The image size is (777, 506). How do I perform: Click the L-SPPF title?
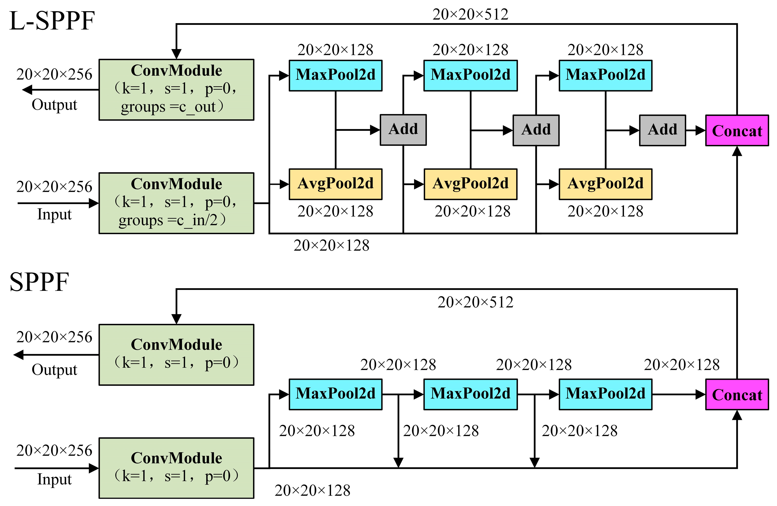point(52,21)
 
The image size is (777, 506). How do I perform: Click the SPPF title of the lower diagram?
point(39,282)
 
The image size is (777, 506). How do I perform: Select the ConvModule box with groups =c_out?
point(176,89)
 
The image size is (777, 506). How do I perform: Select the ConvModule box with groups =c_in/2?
point(176,203)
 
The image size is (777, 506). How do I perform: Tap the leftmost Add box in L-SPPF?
point(403,130)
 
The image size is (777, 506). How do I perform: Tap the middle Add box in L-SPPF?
point(536,130)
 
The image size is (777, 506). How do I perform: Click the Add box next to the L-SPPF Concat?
point(662,130)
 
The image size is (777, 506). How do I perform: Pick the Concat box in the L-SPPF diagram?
point(737,130)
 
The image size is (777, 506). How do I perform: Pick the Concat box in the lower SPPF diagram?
point(737,395)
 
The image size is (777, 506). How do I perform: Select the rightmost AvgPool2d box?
point(605,184)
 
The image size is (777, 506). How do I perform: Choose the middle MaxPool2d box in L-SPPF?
point(470,75)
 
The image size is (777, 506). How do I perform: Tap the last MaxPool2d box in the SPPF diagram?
point(605,394)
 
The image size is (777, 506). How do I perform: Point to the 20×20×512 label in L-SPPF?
point(470,14)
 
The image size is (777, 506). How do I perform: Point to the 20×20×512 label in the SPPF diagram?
point(475,302)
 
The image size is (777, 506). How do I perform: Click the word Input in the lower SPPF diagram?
point(54,479)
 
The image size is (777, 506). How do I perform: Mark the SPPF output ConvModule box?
point(176,355)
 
